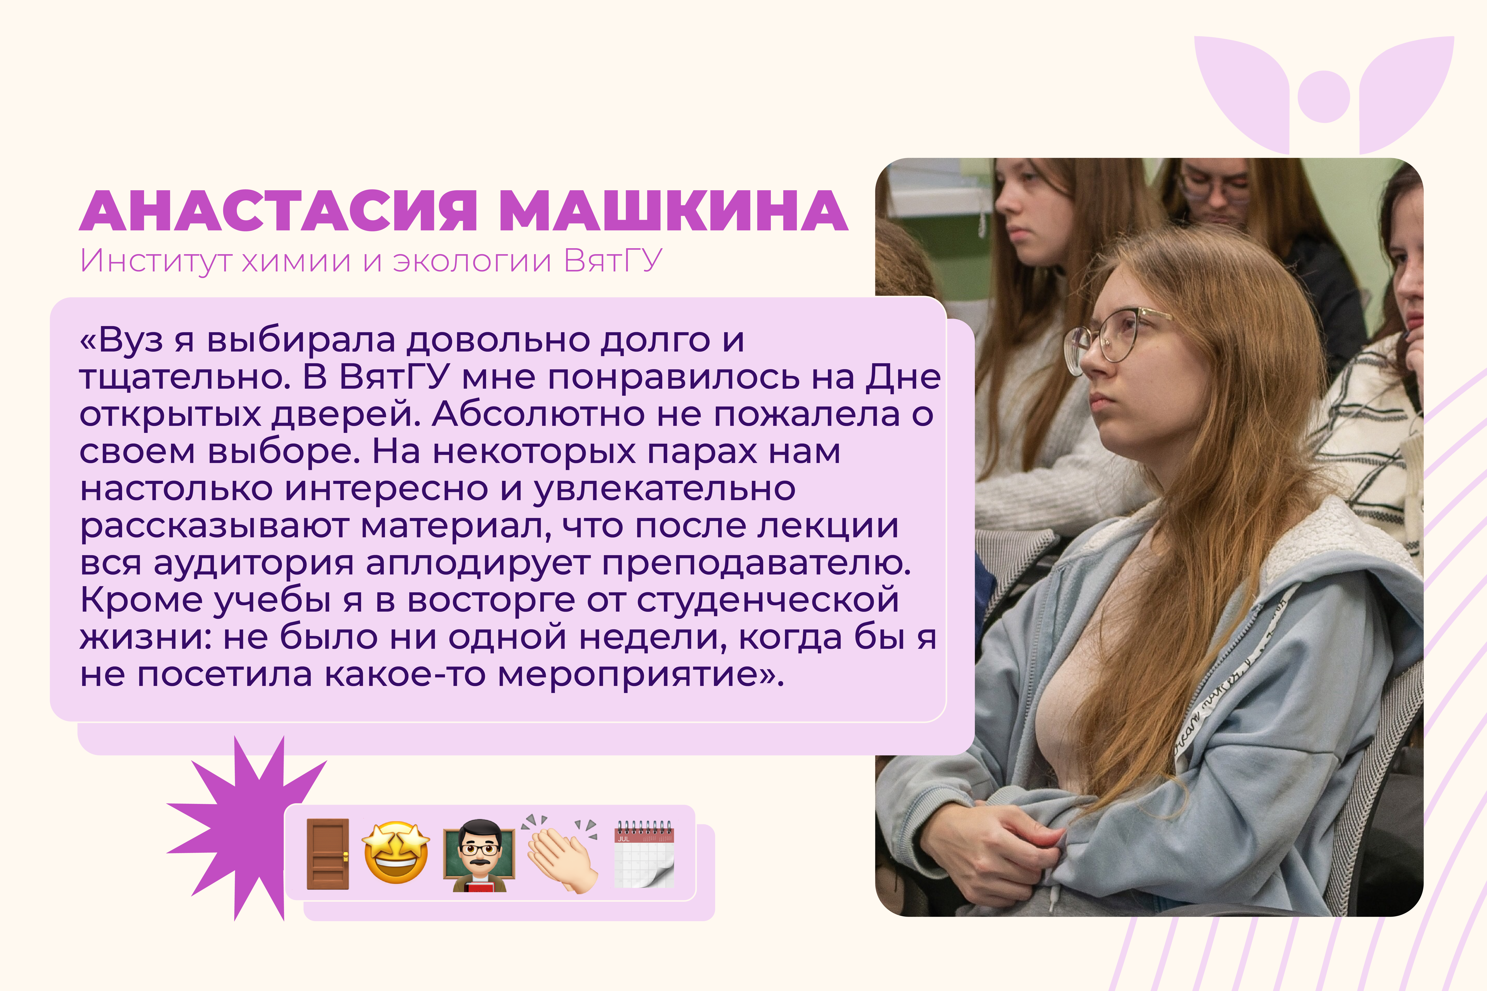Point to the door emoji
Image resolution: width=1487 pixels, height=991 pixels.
click(328, 854)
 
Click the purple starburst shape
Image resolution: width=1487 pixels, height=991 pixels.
click(247, 828)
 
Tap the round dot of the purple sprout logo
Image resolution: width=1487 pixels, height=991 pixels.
click(1324, 97)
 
